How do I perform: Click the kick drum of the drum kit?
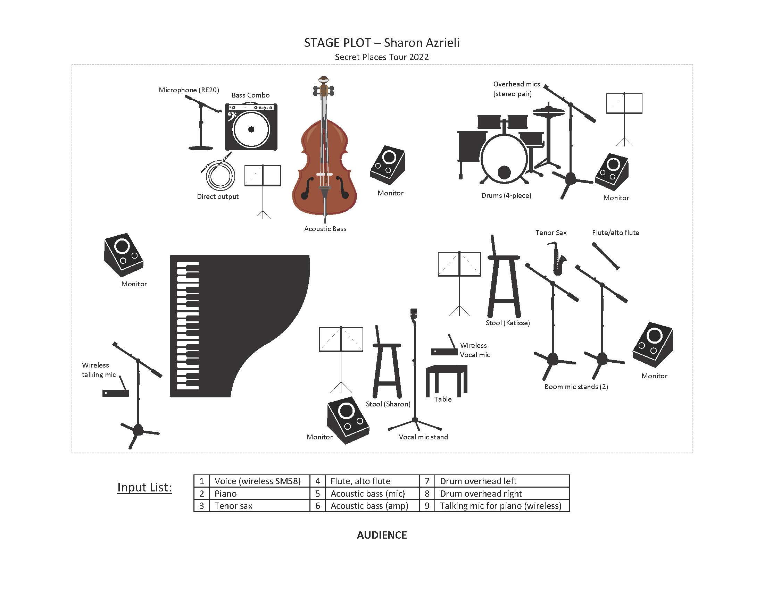point(504,159)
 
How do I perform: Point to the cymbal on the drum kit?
point(548,111)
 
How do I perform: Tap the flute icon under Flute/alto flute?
point(606,256)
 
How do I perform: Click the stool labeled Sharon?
point(387,367)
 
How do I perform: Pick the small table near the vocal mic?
point(446,379)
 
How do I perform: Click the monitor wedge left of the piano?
point(123,254)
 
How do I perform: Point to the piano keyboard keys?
point(188,325)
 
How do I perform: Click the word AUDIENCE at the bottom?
point(382,535)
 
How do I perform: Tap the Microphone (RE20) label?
point(189,90)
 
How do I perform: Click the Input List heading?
point(144,487)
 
